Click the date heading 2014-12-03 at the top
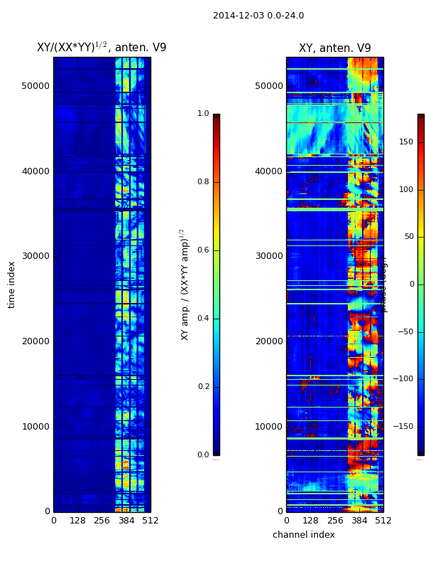click(258, 16)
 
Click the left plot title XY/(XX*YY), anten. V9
click(102, 48)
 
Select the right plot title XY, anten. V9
click(334, 48)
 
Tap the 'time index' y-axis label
click(11, 284)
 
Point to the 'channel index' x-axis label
click(303, 535)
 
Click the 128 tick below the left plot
click(77, 521)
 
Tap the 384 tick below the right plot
click(359, 521)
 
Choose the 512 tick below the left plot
click(151, 521)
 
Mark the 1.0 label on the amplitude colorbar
click(203, 114)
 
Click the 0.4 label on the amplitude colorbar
click(203, 319)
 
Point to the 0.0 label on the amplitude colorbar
click(203, 455)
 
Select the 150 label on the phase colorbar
click(406, 142)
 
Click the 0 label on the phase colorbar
click(411, 284)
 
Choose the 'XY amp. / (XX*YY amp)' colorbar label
click(184, 284)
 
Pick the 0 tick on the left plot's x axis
click(53, 521)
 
